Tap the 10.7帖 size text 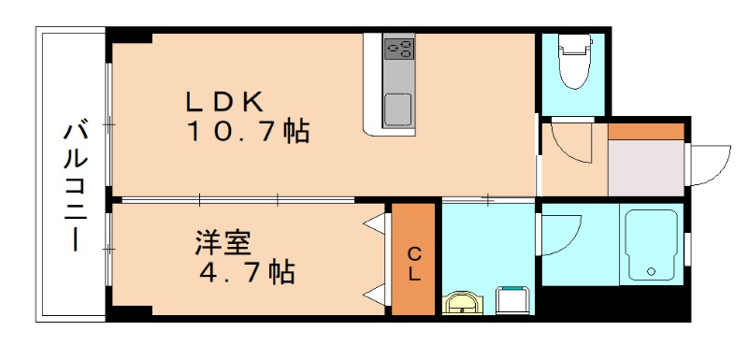click(x=247, y=132)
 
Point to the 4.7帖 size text click(x=247, y=273)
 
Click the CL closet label click(x=413, y=263)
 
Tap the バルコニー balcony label click(x=74, y=186)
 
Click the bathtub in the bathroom click(x=653, y=244)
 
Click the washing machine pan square click(x=512, y=299)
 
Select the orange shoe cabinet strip click(x=646, y=131)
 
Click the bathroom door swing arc click(x=561, y=234)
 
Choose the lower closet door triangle click(x=376, y=295)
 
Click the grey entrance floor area click(x=645, y=169)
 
